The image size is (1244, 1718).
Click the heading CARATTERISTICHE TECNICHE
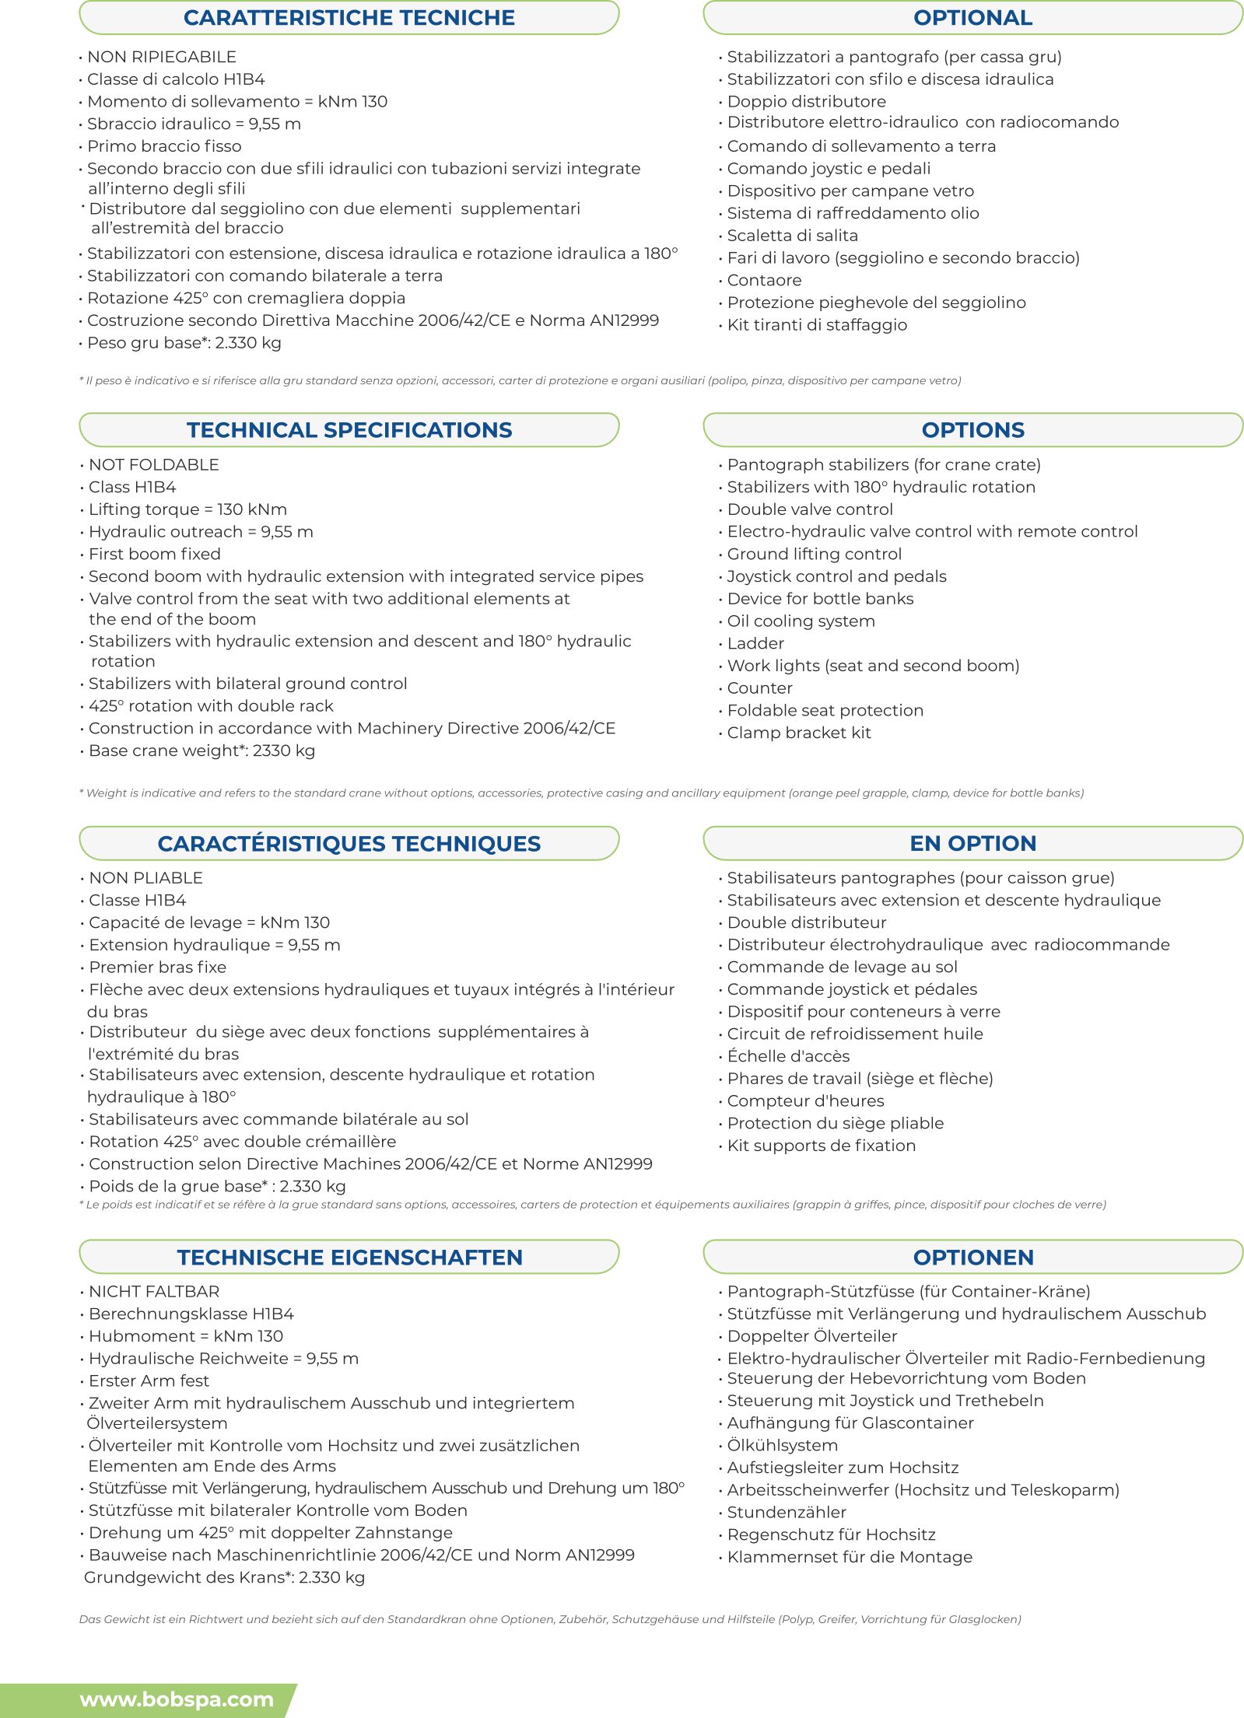pyautogui.click(x=349, y=18)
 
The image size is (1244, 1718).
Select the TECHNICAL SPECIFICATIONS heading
pyautogui.click(x=349, y=430)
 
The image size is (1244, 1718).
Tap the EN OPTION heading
pyautogui.click(x=972, y=843)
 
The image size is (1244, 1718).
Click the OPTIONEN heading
pyautogui.click(x=972, y=1257)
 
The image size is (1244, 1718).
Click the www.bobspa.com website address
pyautogui.click(x=177, y=1699)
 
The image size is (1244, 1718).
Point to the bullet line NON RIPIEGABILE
pyautogui.click(x=161, y=57)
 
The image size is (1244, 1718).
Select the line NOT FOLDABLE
pyautogui.click(x=153, y=465)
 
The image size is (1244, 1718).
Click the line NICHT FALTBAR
pyautogui.click(x=153, y=1291)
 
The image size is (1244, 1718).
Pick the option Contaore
pyautogui.click(x=763, y=280)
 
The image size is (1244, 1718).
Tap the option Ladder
pyautogui.click(x=755, y=643)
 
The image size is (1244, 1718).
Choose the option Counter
pyautogui.click(x=759, y=688)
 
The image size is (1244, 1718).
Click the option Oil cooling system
pyautogui.click(x=801, y=621)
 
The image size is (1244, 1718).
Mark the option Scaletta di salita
pyautogui.click(x=792, y=236)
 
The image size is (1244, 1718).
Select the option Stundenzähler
pyautogui.click(x=786, y=1512)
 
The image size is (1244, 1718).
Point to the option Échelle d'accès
pyautogui.click(x=788, y=1056)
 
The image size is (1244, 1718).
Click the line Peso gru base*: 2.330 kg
pyautogui.click(x=184, y=343)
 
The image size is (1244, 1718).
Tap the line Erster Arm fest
pyautogui.click(x=149, y=1380)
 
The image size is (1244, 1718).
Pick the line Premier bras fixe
pyautogui.click(x=157, y=967)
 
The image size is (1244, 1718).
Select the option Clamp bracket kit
pyautogui.click(x=798, y=733)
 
